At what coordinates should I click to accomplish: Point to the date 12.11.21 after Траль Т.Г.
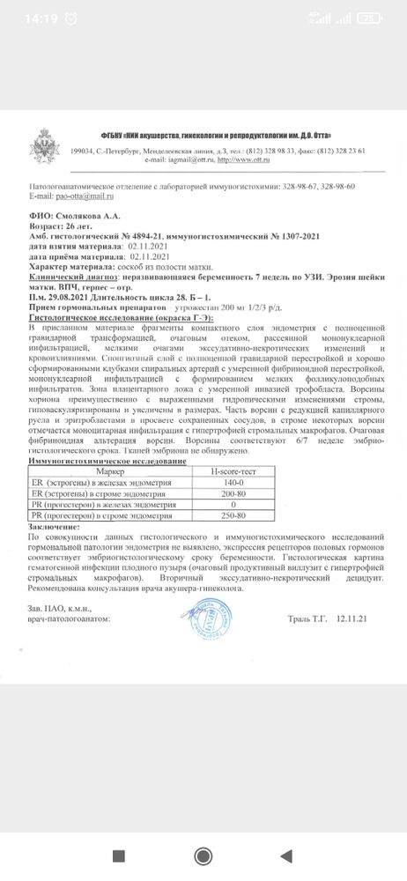(350, 620)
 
